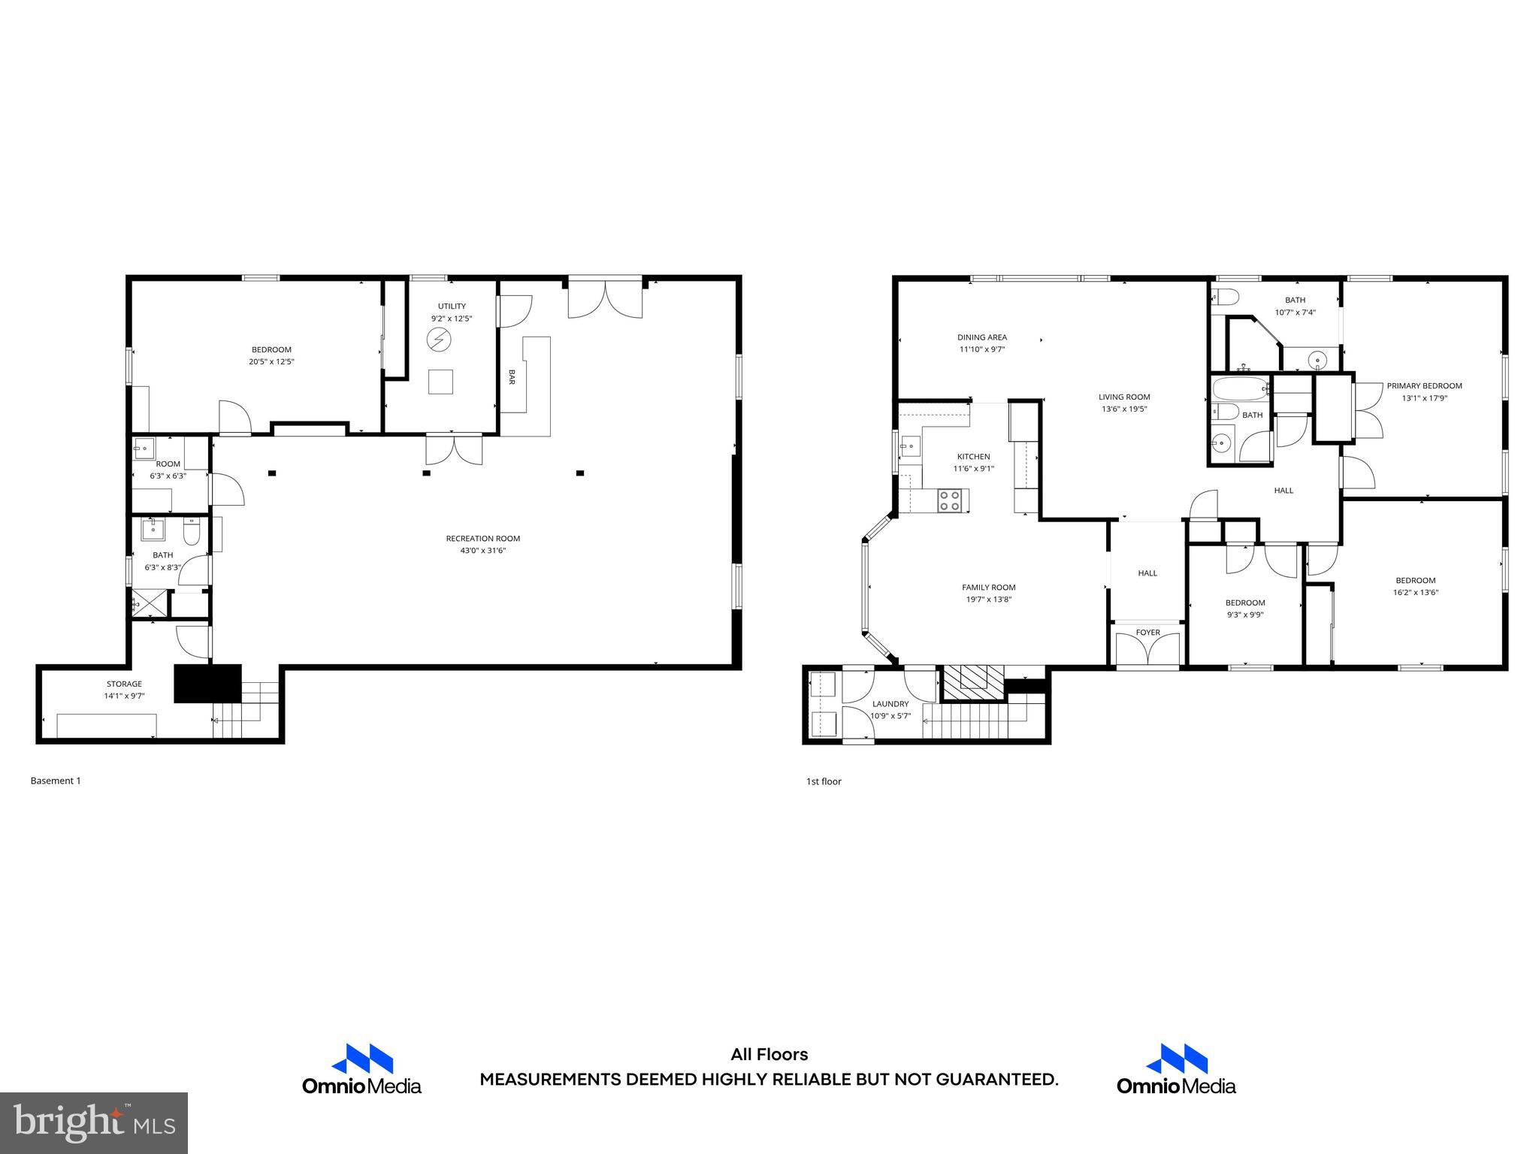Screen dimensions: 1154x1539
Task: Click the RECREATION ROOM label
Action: (x=482, y=538)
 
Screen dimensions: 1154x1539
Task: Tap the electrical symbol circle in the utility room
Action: (x=437, y=340)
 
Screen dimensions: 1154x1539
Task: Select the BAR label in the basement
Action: (x=512, y=376)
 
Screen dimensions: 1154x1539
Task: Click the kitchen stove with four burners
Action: (x=950, y=500)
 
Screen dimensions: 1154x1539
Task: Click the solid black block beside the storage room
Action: (x=207, y=683)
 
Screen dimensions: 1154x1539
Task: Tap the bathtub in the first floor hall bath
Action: (x=1239, y=389)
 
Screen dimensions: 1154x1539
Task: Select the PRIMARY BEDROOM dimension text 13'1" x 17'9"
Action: (x=1424, y=398)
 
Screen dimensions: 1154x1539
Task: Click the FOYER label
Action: (x=1147, y=633)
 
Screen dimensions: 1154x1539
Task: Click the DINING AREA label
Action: (x=981, y=337)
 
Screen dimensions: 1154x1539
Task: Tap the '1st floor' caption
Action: (x=824, y=781)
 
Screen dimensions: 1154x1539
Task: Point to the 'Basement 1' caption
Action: (x=56, y=781)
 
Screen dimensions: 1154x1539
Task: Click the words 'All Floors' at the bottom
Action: (x=769, y=1055)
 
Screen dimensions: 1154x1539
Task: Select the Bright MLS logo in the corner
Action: (x=94, y=1122)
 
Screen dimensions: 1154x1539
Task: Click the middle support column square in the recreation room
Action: (x=426, y=473)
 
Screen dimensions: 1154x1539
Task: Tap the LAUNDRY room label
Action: (x=890, y=704)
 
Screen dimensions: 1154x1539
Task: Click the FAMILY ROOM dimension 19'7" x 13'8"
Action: (x=988, y=600)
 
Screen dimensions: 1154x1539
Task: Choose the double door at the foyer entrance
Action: (x=1147, y=651)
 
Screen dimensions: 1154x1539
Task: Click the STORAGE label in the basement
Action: (x=124, y=684)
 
